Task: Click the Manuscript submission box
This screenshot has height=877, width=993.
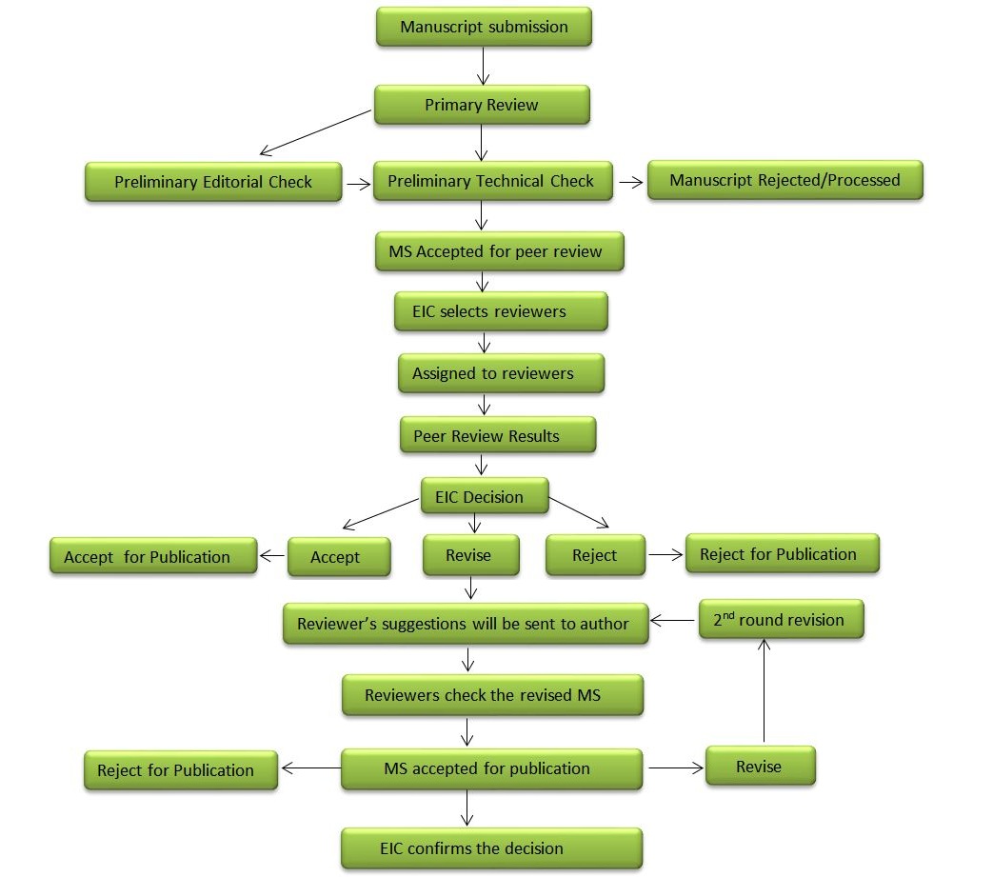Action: pos(484,27)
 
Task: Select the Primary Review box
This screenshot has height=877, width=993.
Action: pos(482,105)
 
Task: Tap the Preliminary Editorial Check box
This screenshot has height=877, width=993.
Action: pos(213,181)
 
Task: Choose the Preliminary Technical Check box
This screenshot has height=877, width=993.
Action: pos(491,181)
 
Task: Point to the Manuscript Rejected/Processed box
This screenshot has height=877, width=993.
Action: pos(784,180)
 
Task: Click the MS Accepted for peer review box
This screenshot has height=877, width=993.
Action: pos(495,252)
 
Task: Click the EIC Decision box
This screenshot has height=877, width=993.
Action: pos(485,496)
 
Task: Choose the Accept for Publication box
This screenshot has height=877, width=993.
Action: pos(153,556)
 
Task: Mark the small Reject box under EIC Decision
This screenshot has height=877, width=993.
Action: pos(595,555)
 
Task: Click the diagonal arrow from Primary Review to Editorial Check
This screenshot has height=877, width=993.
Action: pos(314,131)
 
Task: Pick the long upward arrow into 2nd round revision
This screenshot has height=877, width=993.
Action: pos(763,690)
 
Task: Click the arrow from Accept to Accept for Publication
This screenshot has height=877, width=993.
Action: pos(272,555)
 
